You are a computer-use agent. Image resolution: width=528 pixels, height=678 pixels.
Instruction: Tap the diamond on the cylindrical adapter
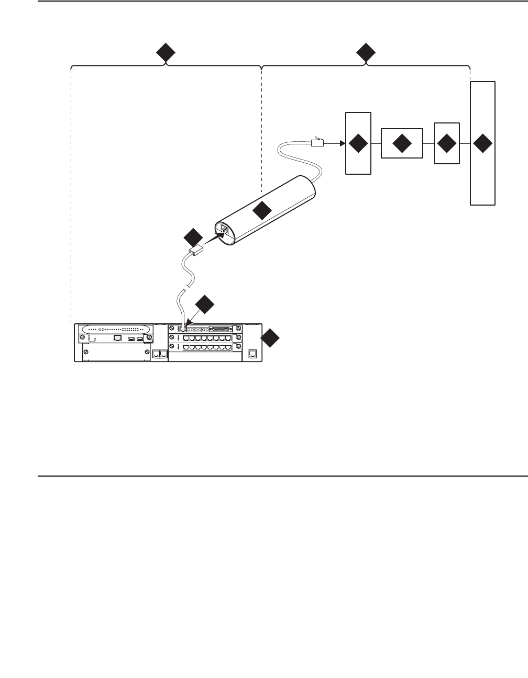pyautogui.click(x=261, y=210)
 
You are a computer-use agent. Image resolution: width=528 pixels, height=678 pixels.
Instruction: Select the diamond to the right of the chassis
pyautogui.click(x=270, y=338)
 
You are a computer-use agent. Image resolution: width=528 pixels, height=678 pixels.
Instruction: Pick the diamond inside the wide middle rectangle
pyautogui.click(x=402, y=143)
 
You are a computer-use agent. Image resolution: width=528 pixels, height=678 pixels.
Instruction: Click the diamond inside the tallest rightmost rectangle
pyautogui.click(x=482, y=143)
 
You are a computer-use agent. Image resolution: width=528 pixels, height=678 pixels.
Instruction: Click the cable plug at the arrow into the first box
pyautogui.click(x=318, y=142)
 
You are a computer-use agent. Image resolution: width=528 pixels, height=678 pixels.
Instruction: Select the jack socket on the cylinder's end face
pyautogui.click(x=224, y=230)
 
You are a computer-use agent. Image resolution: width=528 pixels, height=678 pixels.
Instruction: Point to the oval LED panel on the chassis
pyautogui.click(x=114, y=330)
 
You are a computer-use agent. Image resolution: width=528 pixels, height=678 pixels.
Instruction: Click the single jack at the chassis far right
pyautogui.click(x=253, y=354)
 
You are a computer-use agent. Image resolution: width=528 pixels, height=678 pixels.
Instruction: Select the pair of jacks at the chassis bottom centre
pyautogui.click(x=159, y=354)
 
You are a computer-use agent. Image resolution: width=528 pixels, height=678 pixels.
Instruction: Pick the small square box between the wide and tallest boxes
pyautogui.click(x=447, y=143)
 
